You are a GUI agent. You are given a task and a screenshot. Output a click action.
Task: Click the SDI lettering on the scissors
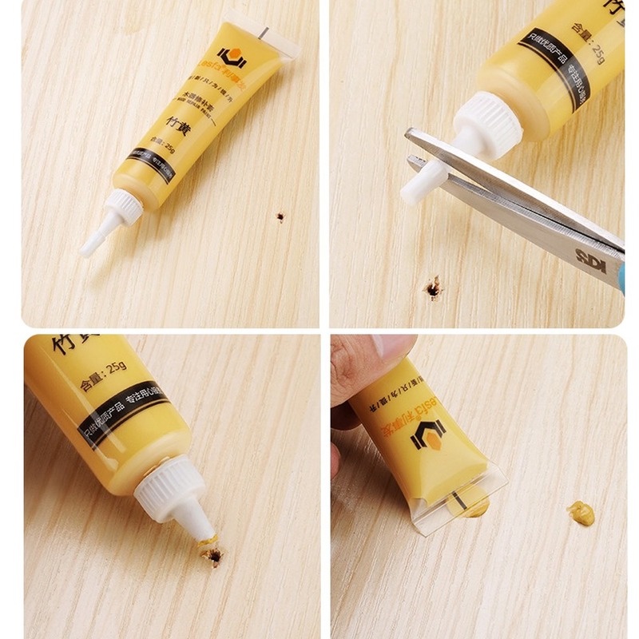click(589, 256)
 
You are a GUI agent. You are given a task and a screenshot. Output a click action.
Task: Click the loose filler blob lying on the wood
click(581, 513)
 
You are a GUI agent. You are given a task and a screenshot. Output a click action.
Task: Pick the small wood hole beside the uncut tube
click(280, 216)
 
